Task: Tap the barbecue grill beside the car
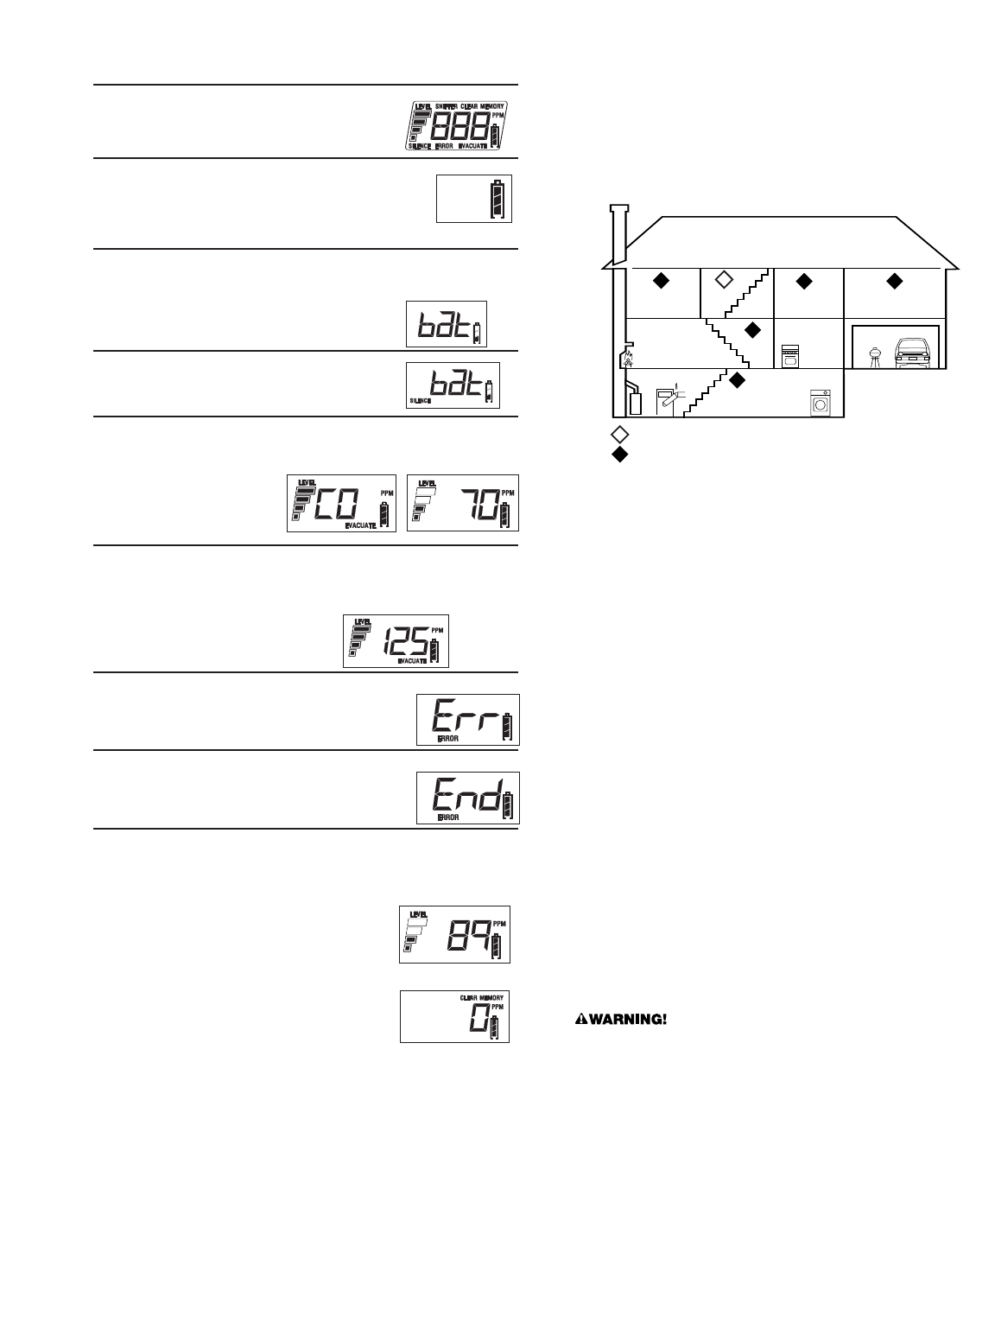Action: pyautogui.click(x=873, y=353)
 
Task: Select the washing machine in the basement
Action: pyautogui.click(x=818, y=403)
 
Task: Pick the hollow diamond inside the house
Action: pyautogui.click(x=724, y=279)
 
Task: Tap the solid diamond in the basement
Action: pyautogui.click(x=737, y=379)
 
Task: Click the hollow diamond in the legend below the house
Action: pyautogui.click(x=618, y=434)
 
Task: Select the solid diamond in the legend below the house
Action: pyautogui.click(x=618, y=454)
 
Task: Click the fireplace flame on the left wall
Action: pyautogui.click(x=628, y=358)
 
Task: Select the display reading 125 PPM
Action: pyautogui.click(x=396, y=640)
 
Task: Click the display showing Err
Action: pyautogui.click(x=467, y=719)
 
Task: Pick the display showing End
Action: pyautogui.click(x=467, y=797)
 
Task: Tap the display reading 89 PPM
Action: pyautogui.click(x=454, y=934)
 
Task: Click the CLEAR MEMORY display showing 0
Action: pyautogui.click(x=454, y=1015)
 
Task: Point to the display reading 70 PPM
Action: pyautogui.click(x=462, y=503)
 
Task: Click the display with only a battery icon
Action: pyautogui.click(x=473, y=198)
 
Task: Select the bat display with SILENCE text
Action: pyautogui.click(x=453, y=385)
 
